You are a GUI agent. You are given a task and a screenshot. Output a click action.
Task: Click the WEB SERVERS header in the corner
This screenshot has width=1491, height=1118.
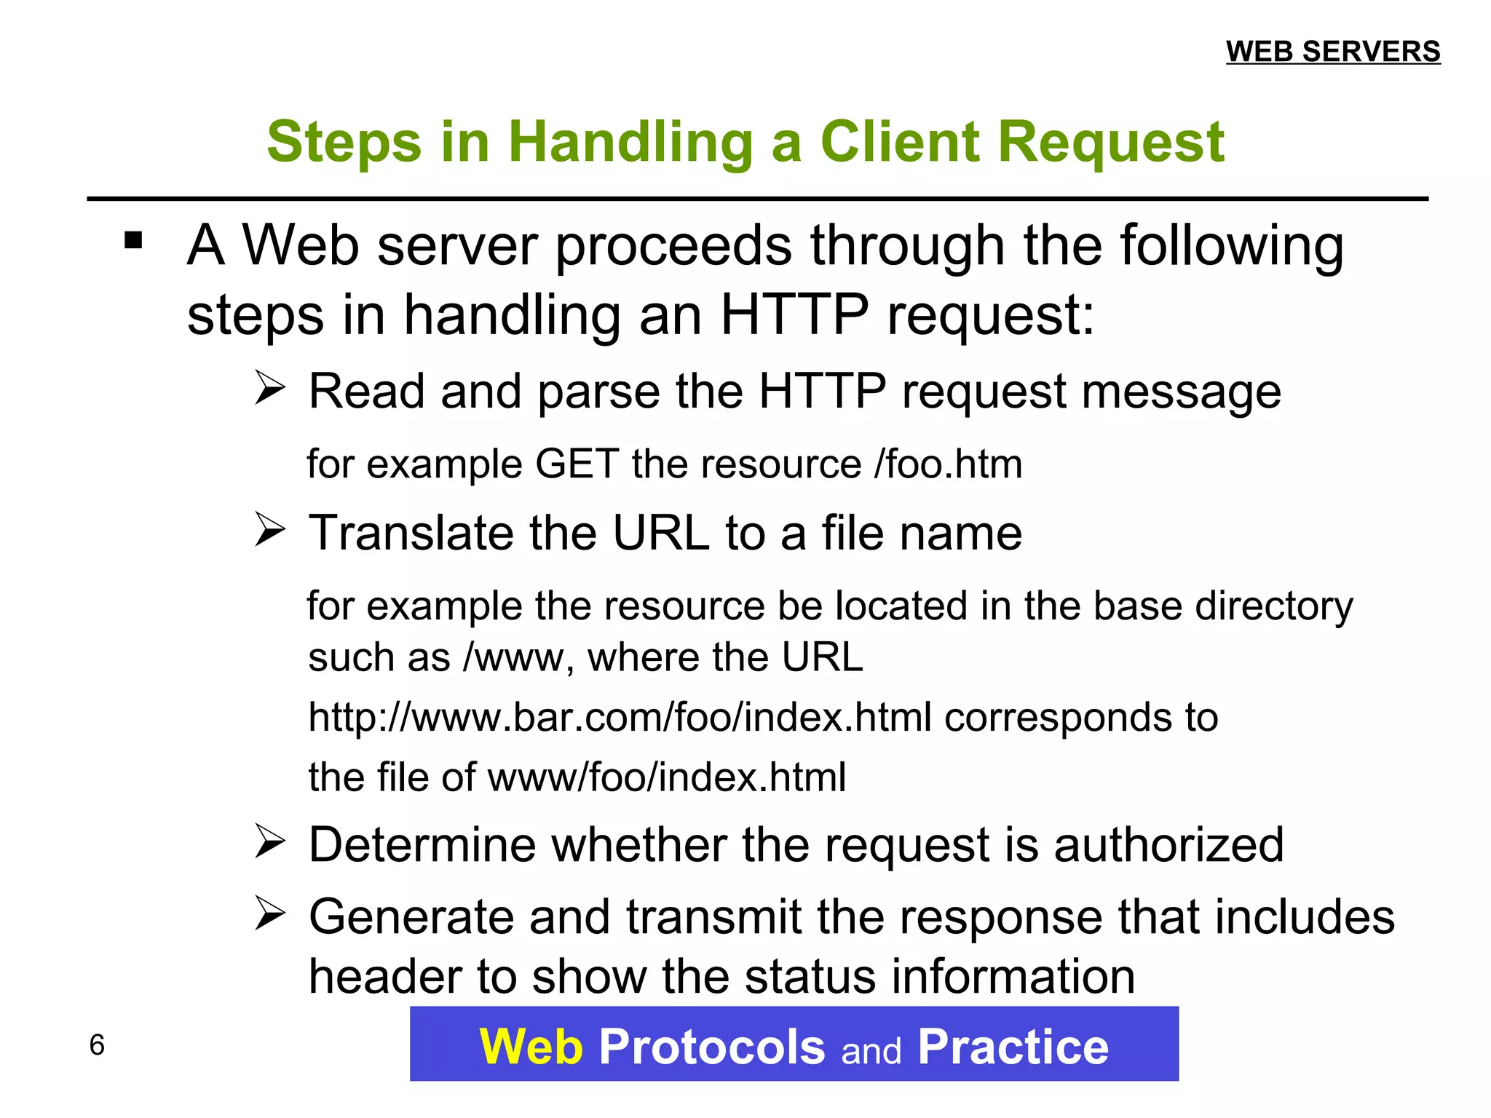pos(1332,52)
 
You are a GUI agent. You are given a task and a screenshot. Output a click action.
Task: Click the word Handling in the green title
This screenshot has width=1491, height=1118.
pos(630,143)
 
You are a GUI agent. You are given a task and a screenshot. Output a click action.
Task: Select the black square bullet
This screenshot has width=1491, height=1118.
pos(133,240)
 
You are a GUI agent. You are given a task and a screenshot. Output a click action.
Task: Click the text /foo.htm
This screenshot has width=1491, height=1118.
pos(948,464)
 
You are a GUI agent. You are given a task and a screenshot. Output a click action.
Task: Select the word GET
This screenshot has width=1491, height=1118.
pos(577,464)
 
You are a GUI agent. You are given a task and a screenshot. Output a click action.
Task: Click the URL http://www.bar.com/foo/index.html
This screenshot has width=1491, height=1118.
pos(620,718)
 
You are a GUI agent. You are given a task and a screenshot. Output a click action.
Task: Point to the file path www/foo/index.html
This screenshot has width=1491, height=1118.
pos(666,777)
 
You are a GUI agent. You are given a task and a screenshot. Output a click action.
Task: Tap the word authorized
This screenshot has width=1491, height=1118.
pos(1168,845)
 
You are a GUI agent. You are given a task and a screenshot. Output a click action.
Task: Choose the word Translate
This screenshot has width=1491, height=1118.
pos(411,533)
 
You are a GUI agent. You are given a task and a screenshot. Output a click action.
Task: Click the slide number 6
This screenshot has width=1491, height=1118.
pos(97,1045)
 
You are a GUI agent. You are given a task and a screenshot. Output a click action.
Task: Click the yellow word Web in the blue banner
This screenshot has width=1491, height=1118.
pos(531,1047)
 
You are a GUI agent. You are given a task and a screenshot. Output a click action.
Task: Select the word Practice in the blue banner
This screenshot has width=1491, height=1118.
pos(1013,1047)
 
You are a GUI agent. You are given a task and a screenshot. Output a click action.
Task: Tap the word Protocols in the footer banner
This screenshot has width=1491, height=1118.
pos(711,1047)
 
